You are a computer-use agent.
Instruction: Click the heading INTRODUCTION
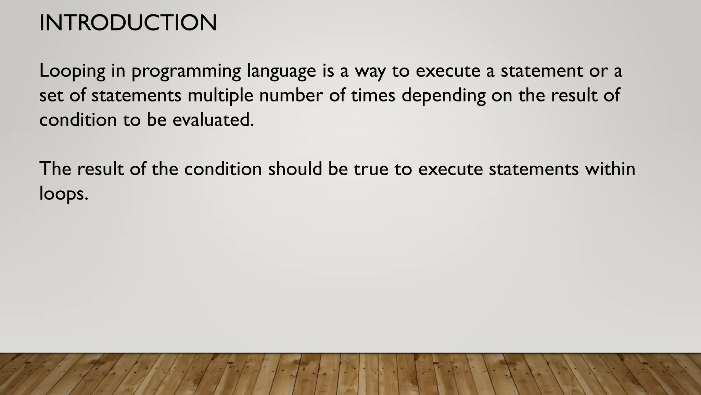pyautogui.click(x=128, y=23)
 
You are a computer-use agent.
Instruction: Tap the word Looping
pyautogui.click(x=73, y=71)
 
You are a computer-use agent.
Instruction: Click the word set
pyautogui.click(x=51, y=95)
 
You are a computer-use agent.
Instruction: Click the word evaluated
pyautogui.click(x=213, y=120)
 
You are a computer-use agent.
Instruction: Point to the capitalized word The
pyautogui.click(x=55, y=169)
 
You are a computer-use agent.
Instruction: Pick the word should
pyautogui.click(x=295, y=169)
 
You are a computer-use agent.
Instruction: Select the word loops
pyautogui.click(x=64, y=194)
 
